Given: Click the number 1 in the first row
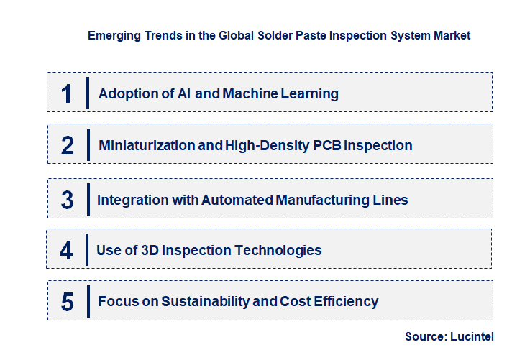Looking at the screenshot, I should [67, 93].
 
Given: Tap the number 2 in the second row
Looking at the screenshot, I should [68, 146].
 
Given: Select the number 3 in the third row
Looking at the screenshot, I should [67, 200].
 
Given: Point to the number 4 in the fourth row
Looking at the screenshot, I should [66, 251].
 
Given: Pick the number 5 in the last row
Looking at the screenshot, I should [68, 302].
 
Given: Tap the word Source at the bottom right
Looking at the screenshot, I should [424, 336].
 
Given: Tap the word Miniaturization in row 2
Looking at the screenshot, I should [146, 146].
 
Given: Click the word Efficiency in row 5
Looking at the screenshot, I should [346, 302].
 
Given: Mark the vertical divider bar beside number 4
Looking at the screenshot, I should [87, 251].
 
